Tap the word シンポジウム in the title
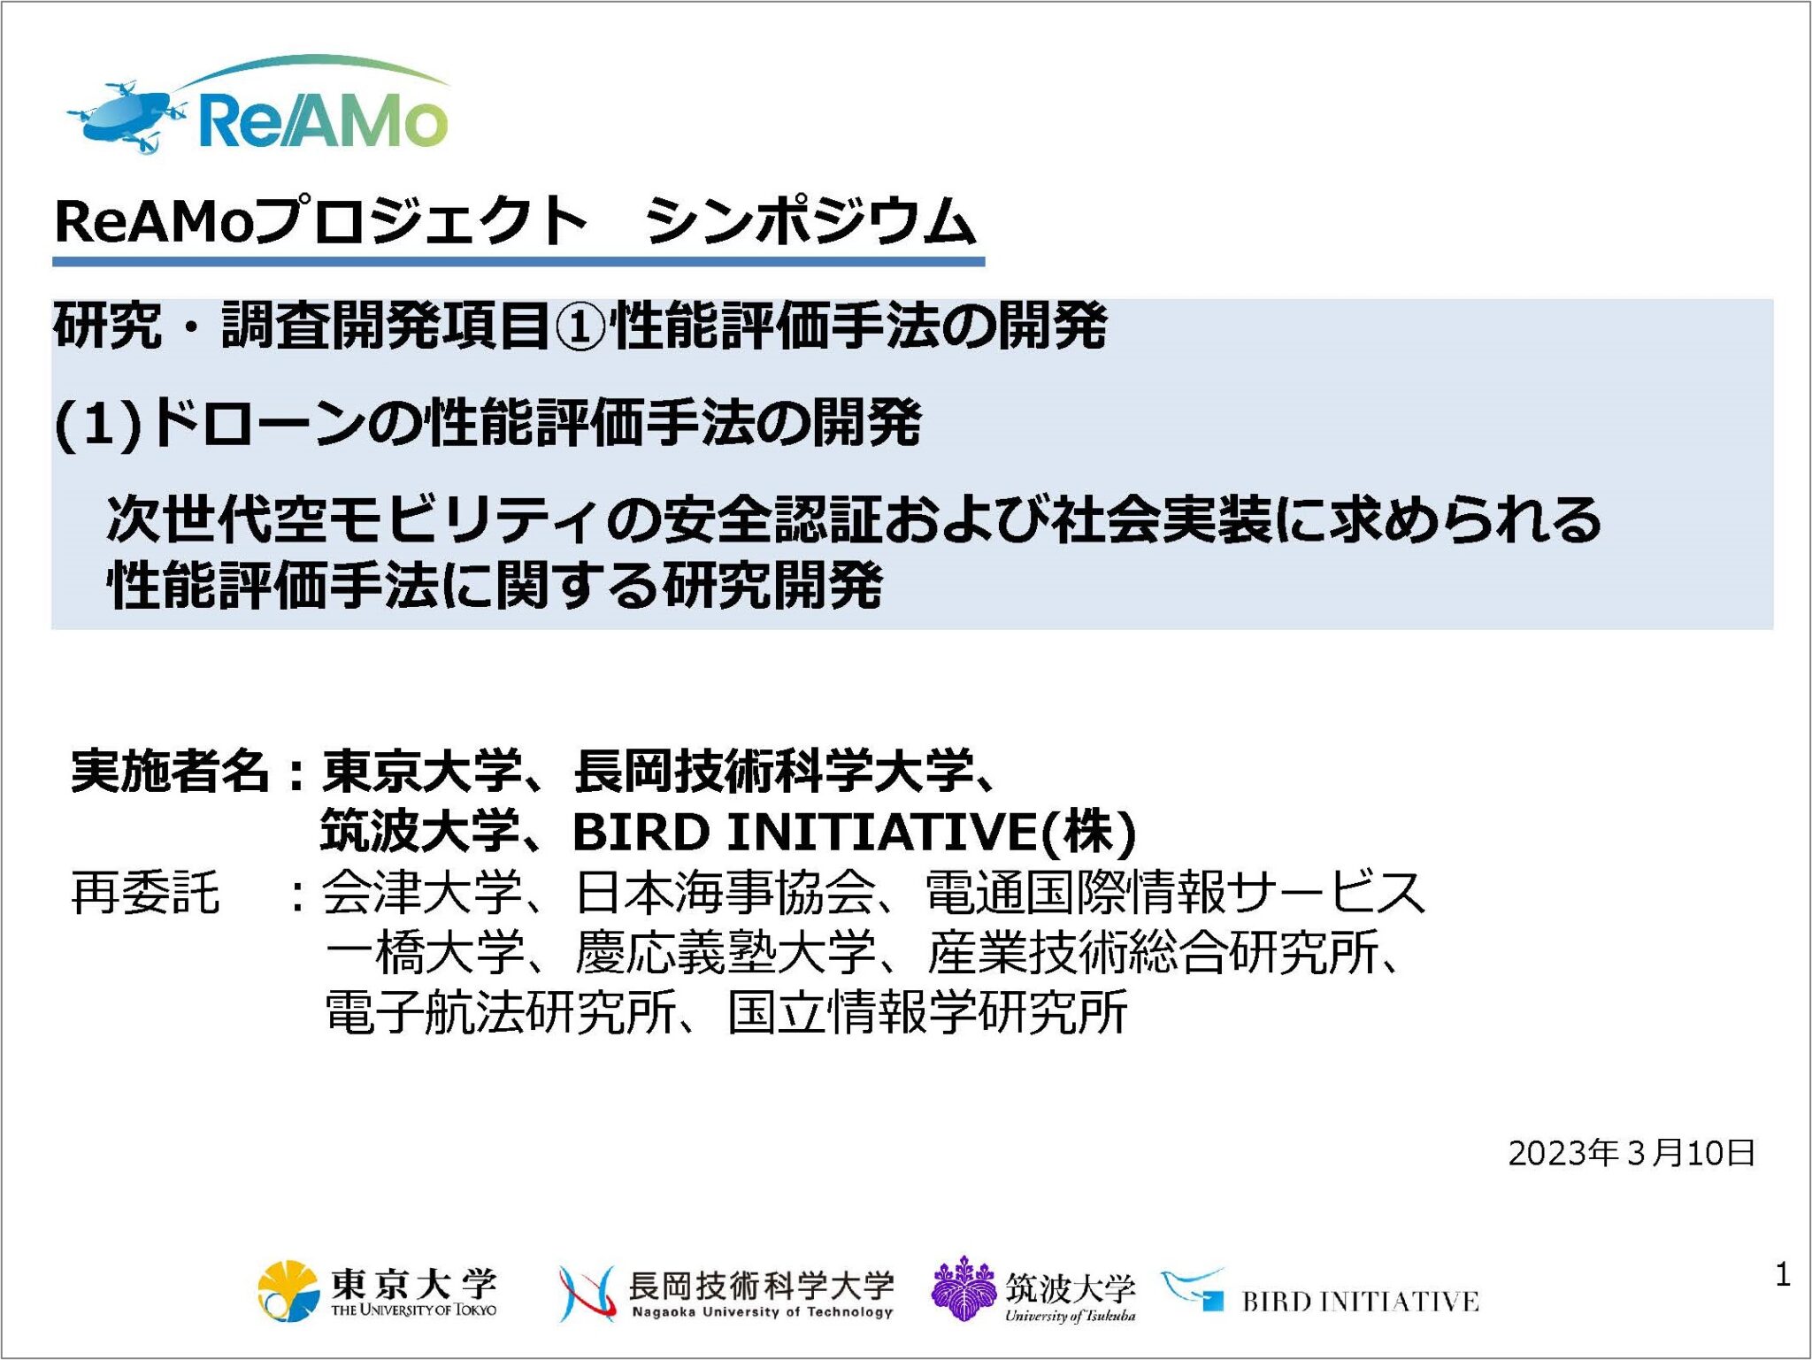(810, 221)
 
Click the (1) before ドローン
(98, 423)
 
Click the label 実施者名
(169, 771)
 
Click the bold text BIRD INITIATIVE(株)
(854, 832)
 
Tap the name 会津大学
(421, 892)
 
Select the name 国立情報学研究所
(927, 1012)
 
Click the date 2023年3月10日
(1631, 1153)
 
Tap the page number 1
(1782, 1275)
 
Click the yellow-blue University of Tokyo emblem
(288, 1291)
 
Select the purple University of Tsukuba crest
(964, 1289)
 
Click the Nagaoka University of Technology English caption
(762, 1312)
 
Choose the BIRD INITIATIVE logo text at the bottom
(1360, 1302)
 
